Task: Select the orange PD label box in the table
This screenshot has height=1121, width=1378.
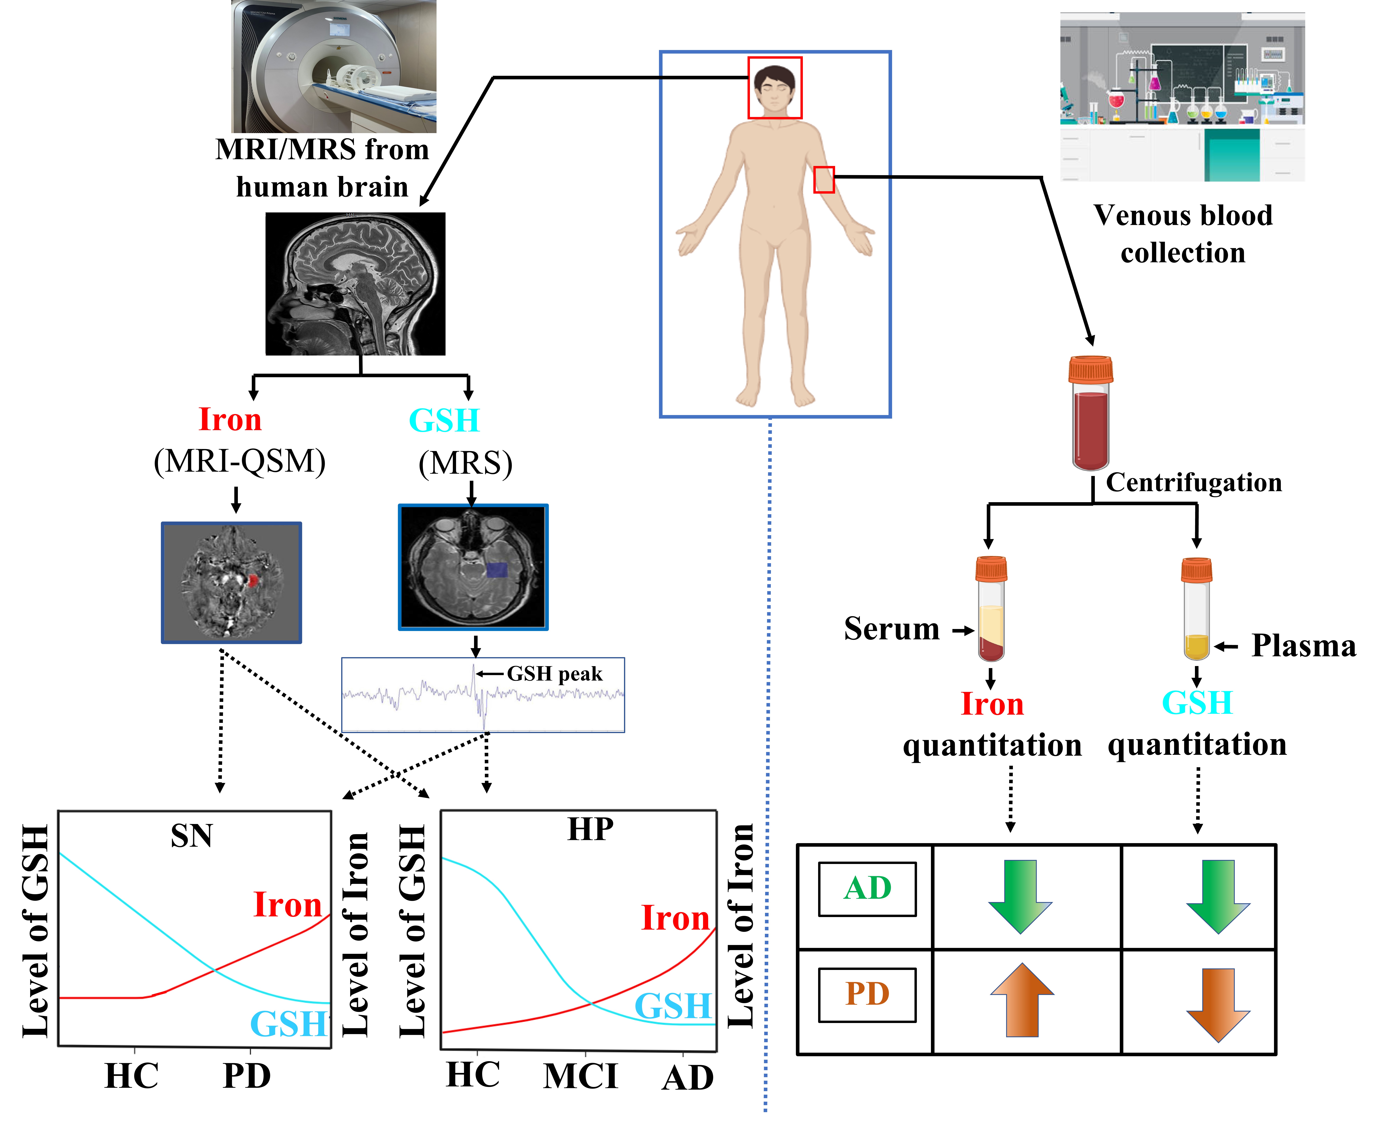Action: [867, 994]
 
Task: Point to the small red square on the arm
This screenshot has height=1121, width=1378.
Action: [824, 180]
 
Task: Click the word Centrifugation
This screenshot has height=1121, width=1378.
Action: [1193, 482]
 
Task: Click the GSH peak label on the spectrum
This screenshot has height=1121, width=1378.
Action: [554, 674]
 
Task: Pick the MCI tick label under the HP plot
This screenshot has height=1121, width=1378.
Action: [580, 1076]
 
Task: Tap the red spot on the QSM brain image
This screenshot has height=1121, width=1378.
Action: [253, 581]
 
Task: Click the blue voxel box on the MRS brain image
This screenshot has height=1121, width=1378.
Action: [497, 569]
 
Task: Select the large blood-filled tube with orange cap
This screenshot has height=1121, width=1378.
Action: [1091, 413]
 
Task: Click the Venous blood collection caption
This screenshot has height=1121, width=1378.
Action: [1183, 234]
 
